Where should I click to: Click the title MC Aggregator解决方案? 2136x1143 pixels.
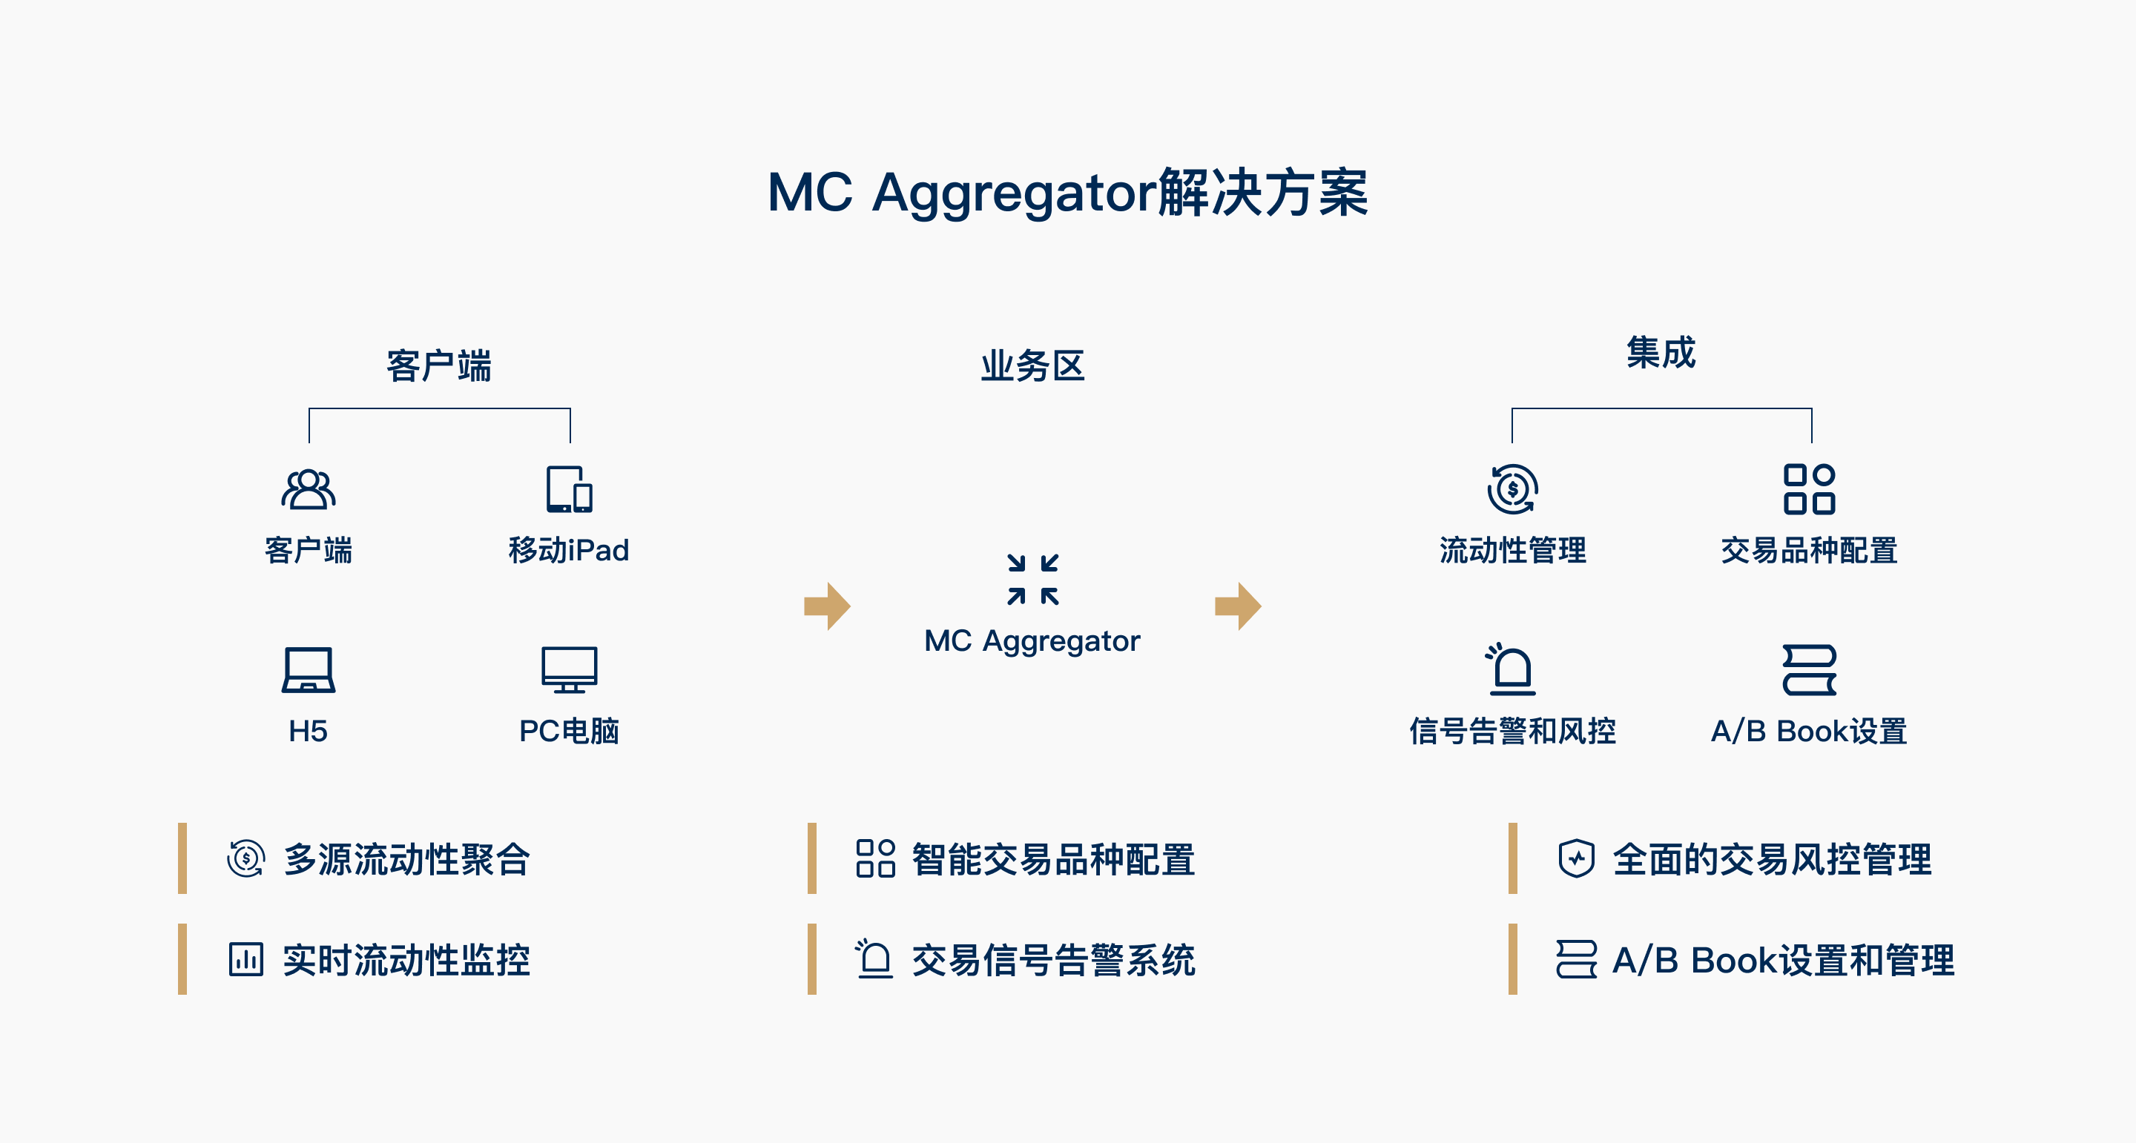click(x=1067, y=192)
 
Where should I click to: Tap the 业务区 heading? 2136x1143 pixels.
click(x=1032, y=365)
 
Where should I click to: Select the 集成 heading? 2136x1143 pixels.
click(x=1661, y=352)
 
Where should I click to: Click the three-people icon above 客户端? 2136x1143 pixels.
click(x=309, y=488)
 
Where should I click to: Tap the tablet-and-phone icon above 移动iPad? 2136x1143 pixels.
click(x=569, y=488)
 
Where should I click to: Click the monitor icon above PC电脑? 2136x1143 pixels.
click(x=569, y=669)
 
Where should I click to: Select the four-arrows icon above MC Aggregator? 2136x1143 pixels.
click(x=1032, y=580)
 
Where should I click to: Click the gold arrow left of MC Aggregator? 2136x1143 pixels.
click(x=828, y=606)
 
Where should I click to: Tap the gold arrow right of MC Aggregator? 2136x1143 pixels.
click(x=1238, y=606)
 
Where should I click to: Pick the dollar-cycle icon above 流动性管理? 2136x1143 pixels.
click(x=1512, y=489)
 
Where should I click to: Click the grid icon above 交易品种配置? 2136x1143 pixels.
click(x=1810, y=489)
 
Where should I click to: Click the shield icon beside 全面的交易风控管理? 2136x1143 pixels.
click(x=1576, y=858)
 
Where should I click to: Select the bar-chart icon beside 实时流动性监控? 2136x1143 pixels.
click(x=245, y=959)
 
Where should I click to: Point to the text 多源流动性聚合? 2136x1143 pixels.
click(x=406, y=858)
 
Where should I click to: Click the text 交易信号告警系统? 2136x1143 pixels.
click(x=1053, y=960)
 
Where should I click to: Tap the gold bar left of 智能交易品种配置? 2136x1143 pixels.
click(x=812, y=858)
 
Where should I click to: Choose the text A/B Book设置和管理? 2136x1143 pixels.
click(x=1784, y=960)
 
